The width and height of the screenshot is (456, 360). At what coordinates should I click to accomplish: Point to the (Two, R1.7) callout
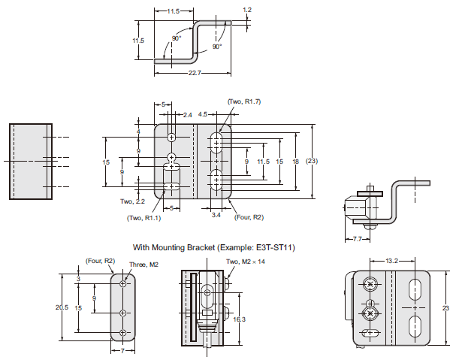[x=245, y=101]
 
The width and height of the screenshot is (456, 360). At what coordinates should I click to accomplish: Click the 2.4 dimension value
[x=188, y=115]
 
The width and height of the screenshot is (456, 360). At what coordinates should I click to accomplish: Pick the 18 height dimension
[x=297, y=162]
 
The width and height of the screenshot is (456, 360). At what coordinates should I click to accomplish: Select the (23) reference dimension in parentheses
[x=313, y=162]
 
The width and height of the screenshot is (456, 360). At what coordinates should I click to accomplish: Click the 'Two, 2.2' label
[x=133, y=201]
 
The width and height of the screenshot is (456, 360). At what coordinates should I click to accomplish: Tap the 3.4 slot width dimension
[x=216, y=215]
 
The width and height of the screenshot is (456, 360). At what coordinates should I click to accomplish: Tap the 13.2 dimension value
[x=391, y=261]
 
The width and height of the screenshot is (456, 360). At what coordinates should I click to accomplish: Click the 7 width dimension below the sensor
[x=122, y=351]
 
